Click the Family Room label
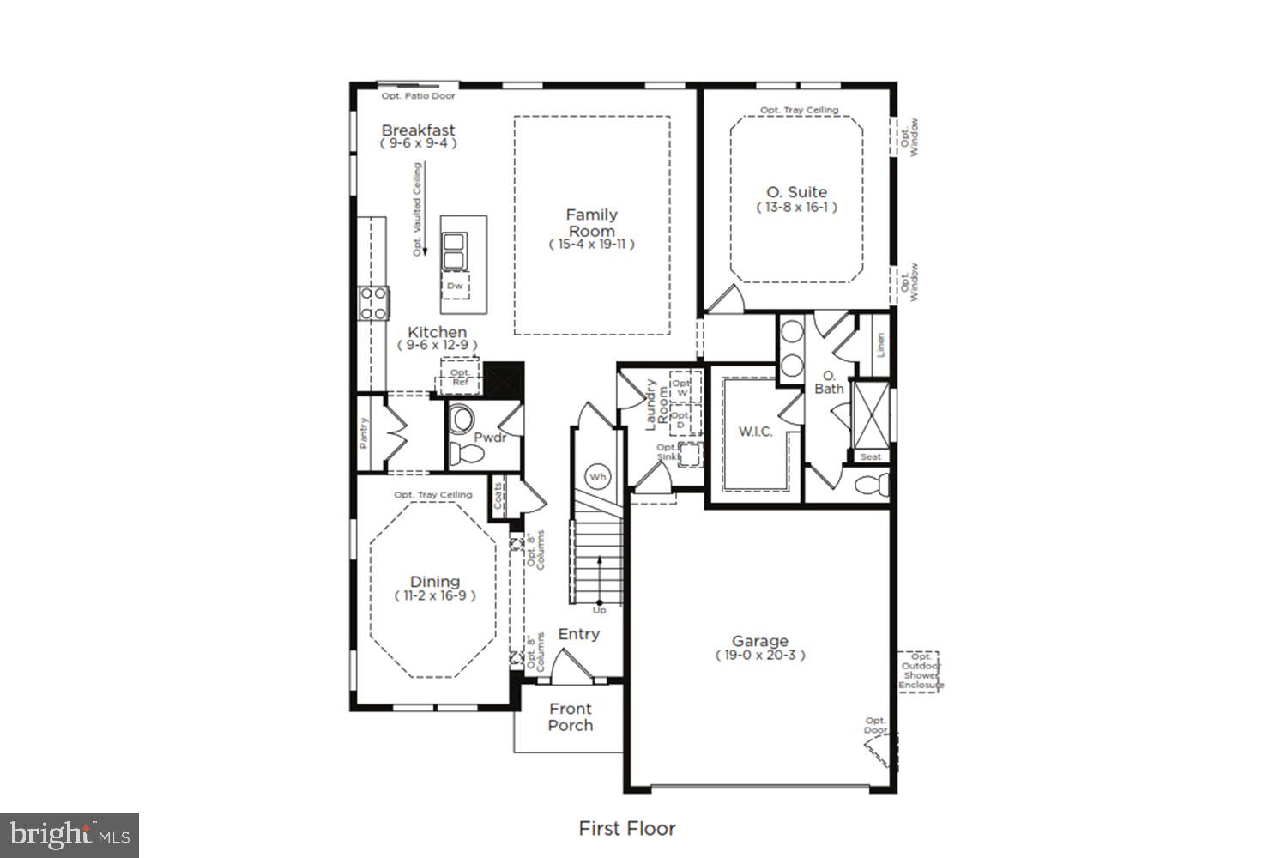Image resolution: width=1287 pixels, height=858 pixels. click(591, 223)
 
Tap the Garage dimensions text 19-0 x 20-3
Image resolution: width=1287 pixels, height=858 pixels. click(760, 656)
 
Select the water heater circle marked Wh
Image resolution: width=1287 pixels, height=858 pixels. click(597, 476)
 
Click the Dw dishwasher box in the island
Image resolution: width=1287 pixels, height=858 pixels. click(456, 286)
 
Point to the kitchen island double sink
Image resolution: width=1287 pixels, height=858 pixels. click(454, 251)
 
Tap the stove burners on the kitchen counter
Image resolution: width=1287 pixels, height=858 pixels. click(374, 304)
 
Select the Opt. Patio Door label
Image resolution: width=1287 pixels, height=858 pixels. click(418, 96)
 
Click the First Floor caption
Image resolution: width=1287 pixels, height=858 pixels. click(627, 828)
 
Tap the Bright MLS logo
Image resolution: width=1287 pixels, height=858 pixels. click(69, 835)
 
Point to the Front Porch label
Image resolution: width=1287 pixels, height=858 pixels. click(570, 716)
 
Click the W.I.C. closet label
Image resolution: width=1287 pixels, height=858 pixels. click(755, 432)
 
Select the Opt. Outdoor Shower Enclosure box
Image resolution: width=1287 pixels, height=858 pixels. click(919, 672)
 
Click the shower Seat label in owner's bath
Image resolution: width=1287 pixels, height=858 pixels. click(871, 456)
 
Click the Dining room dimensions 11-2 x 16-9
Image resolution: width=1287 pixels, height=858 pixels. click(434, 595)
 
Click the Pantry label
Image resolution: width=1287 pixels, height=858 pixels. click(364, 433)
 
